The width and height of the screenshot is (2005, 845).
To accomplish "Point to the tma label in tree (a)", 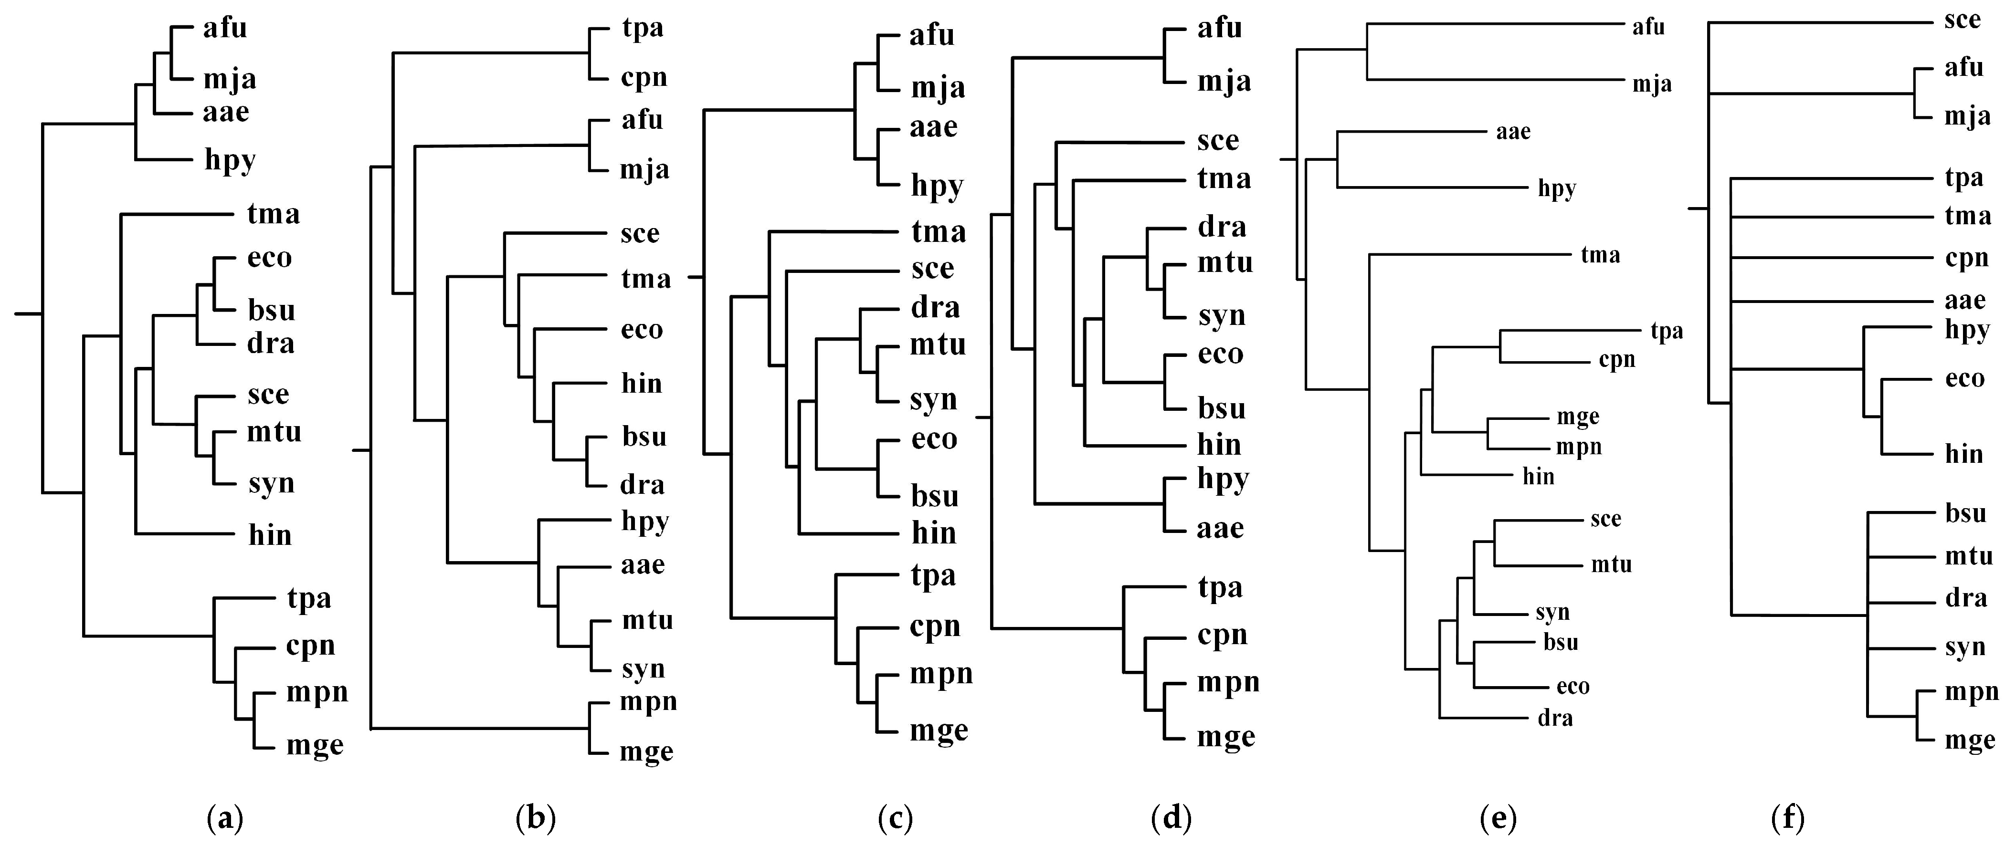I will (273, 213).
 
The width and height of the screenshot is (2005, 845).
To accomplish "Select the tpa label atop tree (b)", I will (643, 29).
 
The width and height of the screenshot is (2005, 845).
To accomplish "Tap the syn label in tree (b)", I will (643, 669).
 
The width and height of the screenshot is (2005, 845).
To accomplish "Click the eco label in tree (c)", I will (934, 439).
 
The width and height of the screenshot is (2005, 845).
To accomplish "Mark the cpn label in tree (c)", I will (935, 627).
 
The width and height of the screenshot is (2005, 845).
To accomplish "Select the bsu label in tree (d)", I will (1221, 408).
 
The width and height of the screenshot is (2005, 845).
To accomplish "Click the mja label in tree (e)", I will (1652, 84).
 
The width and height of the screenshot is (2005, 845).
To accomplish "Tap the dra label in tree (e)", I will (1555, 718).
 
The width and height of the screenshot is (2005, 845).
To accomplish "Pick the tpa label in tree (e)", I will (1667, 332).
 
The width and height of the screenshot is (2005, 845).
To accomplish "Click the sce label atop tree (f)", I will (1962, 20).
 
